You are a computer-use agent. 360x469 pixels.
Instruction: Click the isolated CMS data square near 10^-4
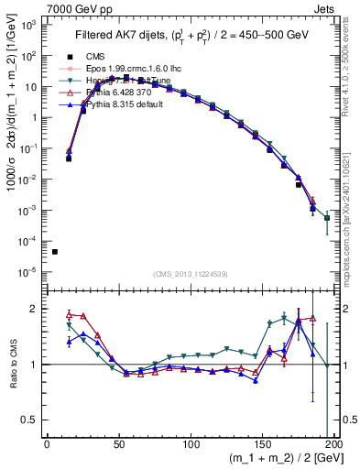55,252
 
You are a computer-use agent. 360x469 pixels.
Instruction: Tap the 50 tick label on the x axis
118,445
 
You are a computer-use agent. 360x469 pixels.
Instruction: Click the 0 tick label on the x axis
47,445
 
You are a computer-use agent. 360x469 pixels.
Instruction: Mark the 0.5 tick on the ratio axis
30,420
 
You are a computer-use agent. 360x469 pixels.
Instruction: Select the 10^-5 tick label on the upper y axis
27,271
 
